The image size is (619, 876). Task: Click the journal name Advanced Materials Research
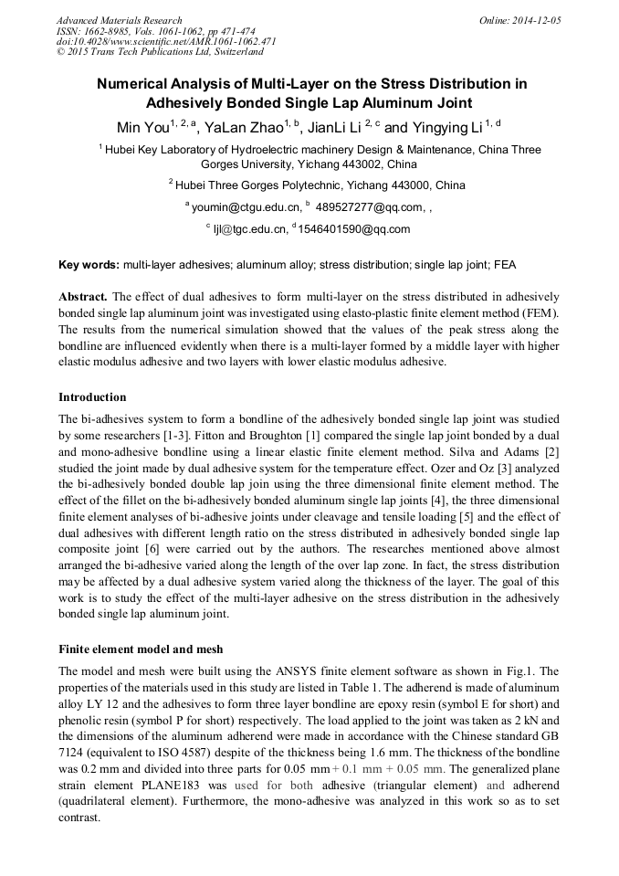[x=119, y=20]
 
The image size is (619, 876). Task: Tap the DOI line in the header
[x=167, y=42]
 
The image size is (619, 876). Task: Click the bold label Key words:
[x=89, y=265]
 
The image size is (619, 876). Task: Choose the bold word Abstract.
[x=83, y=298]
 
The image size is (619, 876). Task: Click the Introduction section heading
[x=92, y=397]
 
